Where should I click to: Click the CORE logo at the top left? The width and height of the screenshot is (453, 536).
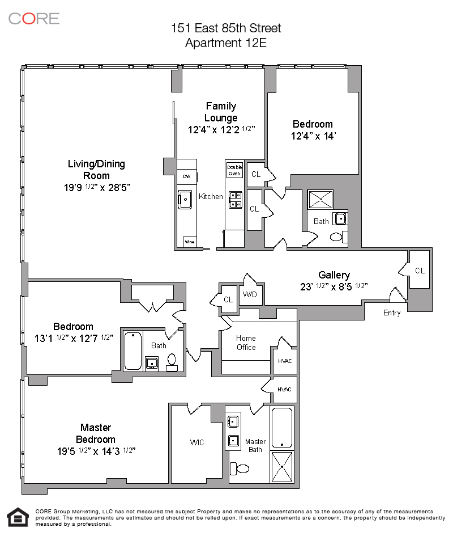point(34,18)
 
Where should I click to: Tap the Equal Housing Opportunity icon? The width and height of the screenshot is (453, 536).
point(17,517)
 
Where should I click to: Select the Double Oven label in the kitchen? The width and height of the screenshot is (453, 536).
point(234,170)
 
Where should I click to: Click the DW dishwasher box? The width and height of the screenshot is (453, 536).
point(186,177)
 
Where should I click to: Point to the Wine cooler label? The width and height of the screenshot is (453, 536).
point(189,242)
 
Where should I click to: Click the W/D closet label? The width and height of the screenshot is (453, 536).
point(249,294)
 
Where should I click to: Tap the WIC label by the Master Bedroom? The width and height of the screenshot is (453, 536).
point(197,442)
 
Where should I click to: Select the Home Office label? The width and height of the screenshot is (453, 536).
point(246,343)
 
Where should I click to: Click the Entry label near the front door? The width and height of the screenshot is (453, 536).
point(392,313)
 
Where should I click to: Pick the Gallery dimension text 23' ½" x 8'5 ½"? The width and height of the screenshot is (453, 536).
point(334,286)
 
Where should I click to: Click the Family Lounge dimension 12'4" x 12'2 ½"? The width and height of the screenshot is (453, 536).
point(221,129)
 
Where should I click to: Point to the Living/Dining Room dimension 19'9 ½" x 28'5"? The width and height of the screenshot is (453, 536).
point(96,187)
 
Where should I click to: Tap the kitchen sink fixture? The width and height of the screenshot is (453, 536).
point(185,199)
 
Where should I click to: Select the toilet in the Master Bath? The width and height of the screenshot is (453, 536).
point(240,469)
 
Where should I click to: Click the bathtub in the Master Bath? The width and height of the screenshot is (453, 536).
point(282,428)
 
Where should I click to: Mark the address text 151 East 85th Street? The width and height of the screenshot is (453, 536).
point(226,28)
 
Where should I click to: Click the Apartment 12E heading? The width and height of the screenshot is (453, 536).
point(226,43)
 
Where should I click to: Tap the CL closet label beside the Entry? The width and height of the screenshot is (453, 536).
point(420,271)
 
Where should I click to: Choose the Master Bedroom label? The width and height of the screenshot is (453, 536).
point(95,433)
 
